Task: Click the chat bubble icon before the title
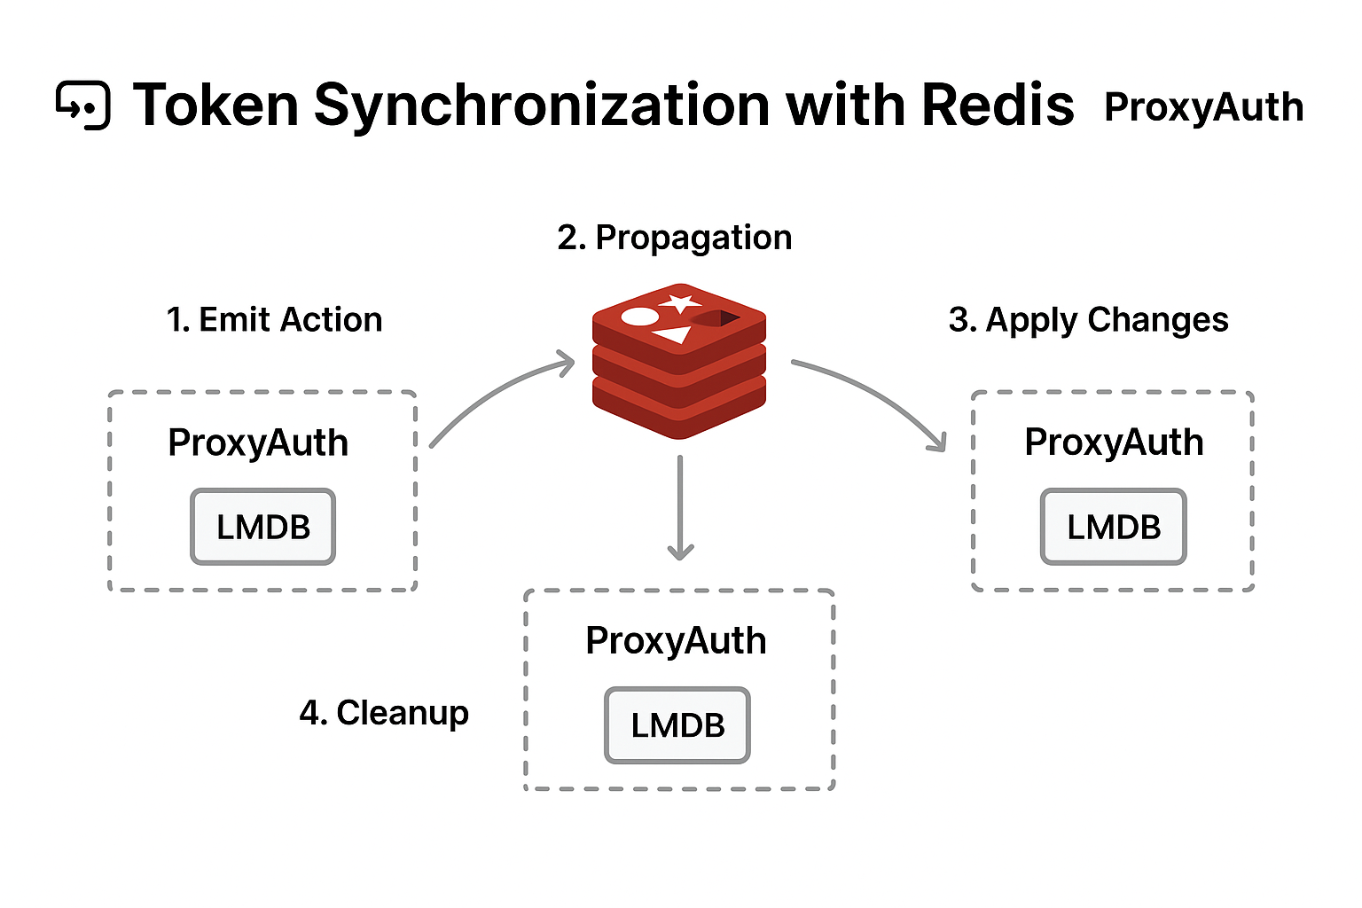(x=83, y=106)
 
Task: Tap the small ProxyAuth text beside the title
(x=1203, y=107)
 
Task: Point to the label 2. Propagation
(x=674, y=238)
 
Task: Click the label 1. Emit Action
(x=274, y=320)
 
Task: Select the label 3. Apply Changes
(x=1088, y=320)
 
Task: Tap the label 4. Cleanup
(x=384, y=713)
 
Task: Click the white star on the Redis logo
(x=681, y=303)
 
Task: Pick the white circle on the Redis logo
(x=640, y=317)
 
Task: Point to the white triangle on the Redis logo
(x=674, y=334)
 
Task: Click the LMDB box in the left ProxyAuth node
(x=263, y=528)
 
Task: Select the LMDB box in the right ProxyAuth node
(x=1114, y=528)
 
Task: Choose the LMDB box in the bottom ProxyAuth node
(x=677, y=725)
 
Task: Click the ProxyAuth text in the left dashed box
(x=258, y=442)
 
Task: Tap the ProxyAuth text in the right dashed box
(x=1114, y=442)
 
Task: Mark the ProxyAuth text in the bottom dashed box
(x=676, y=640)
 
